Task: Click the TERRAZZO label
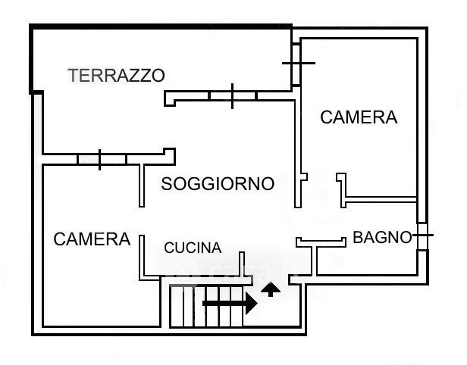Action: tap(116, 75)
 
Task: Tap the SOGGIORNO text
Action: tap(218, 184)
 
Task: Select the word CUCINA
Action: tap(193, 248)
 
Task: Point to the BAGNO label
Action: tap(382, 238)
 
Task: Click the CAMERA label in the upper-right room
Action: tap(359, 117)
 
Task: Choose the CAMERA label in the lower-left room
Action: tap(92, 239)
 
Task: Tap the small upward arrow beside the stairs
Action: tap(270, 289)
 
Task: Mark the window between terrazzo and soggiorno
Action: tap(231, 96)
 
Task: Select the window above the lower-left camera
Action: tap(100, 159)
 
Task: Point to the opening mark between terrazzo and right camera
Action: tap(296, 63)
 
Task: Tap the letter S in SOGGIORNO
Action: tap(167, 184)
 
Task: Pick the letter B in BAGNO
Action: tap(358, 238)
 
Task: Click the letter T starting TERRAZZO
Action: tap(73, 75)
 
